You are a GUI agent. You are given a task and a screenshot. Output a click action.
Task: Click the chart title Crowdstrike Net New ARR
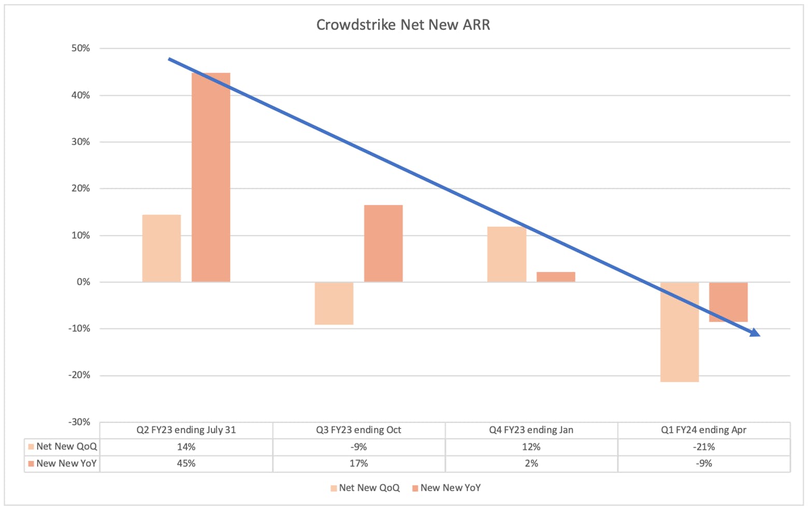pos(403,24)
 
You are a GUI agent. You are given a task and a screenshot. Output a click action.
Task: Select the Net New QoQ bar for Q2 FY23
pos(162,248)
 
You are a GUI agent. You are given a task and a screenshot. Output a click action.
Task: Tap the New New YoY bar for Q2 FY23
pos(211,177)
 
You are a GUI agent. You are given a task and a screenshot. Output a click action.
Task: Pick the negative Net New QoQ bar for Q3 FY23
pos(334,303)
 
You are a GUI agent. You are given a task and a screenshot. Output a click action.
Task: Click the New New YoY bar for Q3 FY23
pos(383,244)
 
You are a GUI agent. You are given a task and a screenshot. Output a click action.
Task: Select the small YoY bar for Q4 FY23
pos(556,277)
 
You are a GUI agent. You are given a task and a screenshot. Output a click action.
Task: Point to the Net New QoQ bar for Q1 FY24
pos(680,332)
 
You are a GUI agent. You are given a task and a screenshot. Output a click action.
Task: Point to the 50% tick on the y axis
pos(81,48)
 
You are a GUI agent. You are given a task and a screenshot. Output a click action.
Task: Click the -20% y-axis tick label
pos(79,375)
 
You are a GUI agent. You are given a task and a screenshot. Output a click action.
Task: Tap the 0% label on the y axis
pos(83,282)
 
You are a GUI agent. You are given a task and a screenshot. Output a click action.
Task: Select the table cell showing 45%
pos(186,463)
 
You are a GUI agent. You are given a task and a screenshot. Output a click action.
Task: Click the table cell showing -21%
pos(704,447)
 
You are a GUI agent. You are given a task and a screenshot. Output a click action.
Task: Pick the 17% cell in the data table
pos(358,463)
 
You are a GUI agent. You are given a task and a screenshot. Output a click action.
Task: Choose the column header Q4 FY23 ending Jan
pos(531,430)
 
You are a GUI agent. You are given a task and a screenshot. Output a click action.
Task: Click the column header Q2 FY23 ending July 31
pos(186,430)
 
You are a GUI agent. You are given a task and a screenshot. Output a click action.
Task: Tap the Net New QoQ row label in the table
pos(66,447)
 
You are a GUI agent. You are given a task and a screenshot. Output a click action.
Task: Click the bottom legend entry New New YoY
pos(446,488)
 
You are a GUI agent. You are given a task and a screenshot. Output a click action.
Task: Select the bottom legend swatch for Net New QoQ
pos(334,488)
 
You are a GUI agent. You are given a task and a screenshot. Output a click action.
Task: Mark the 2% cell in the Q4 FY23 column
pos(531,463)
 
